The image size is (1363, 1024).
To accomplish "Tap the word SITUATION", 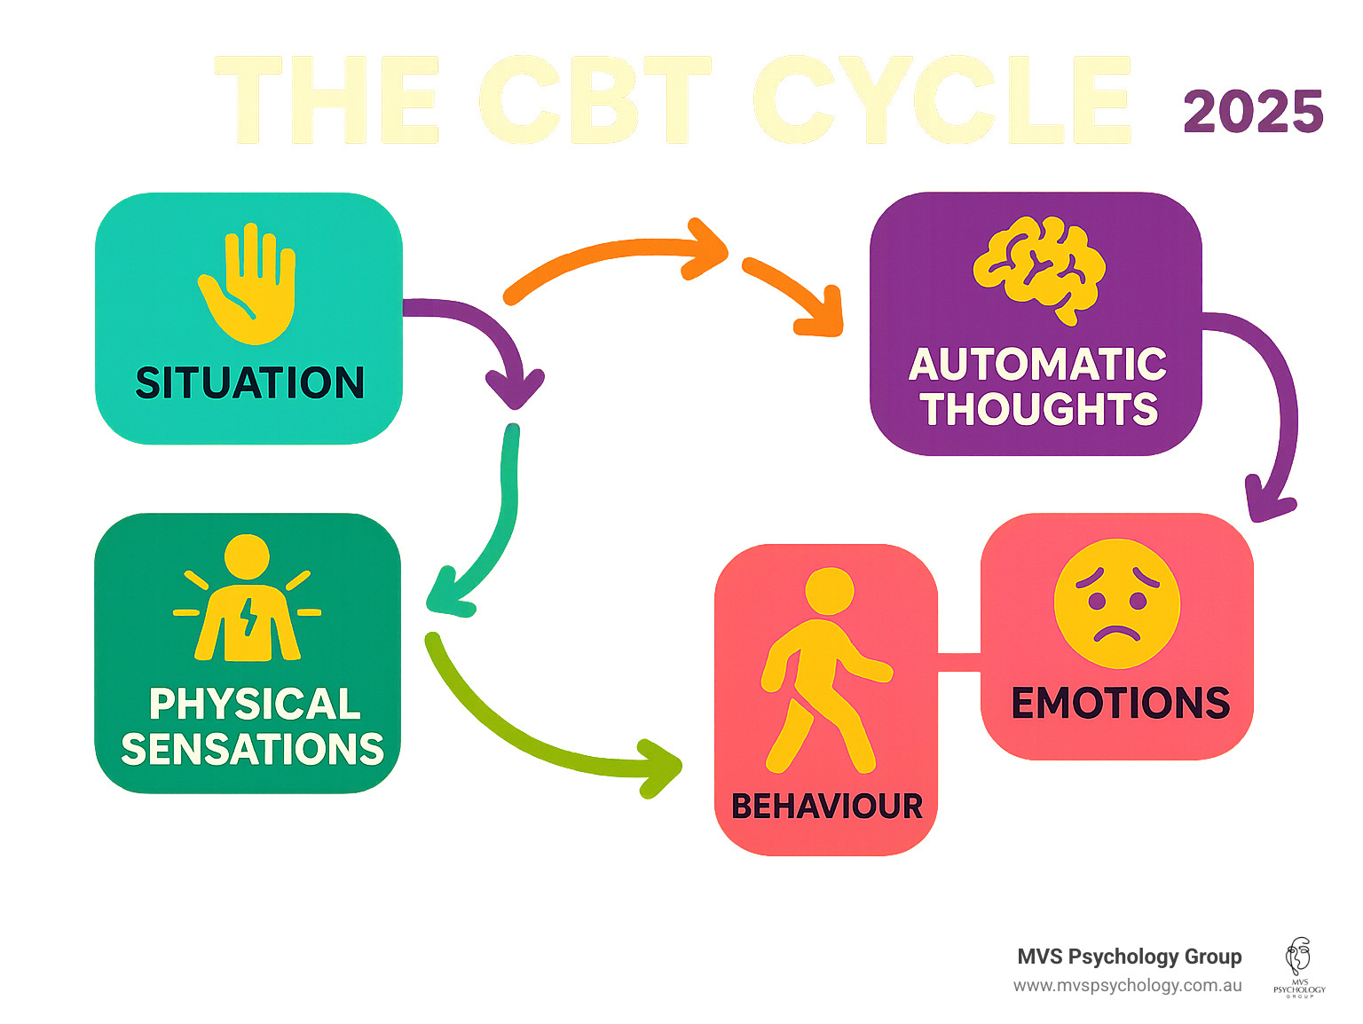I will click(x=249, y=383).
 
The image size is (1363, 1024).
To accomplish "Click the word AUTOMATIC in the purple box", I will click(x=1037, y=365).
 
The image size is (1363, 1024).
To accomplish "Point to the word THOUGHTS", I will click(x=1038, y=409).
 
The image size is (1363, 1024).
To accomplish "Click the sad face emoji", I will click(x=1117, y=603).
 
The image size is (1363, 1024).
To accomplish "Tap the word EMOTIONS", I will click(x=1120, y=703).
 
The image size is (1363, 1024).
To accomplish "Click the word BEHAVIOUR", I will click(x=826, y=807).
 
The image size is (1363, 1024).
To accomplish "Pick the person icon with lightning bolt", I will click(x=248, y=599).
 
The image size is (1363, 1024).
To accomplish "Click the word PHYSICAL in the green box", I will click(x=255, y=705).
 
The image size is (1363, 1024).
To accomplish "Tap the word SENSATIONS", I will click(x=252, y=750).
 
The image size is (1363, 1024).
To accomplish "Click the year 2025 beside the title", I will click(x=1252, y=113).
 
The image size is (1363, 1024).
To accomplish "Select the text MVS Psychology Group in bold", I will click(x=1129, y=957).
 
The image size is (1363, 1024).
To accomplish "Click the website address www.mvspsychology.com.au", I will click(x=1127, y=986).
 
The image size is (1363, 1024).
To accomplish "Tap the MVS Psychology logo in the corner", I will click(x=1299, y=967).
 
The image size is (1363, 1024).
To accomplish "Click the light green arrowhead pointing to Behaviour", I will click(x=661, y=767).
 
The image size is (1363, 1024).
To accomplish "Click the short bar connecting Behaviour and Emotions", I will click(x=959, y=662).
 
